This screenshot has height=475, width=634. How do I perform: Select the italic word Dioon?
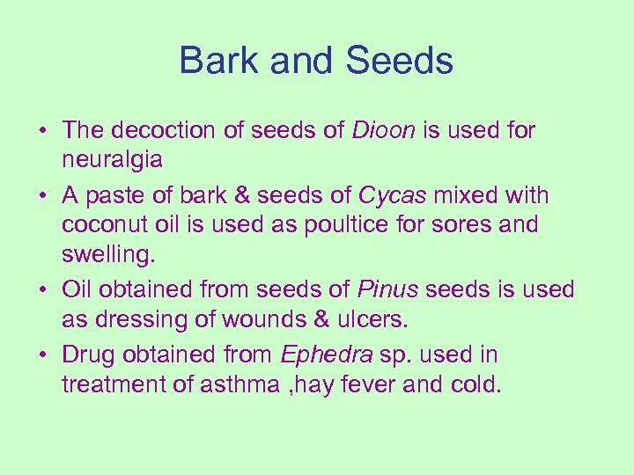click(x=384, y=130)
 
